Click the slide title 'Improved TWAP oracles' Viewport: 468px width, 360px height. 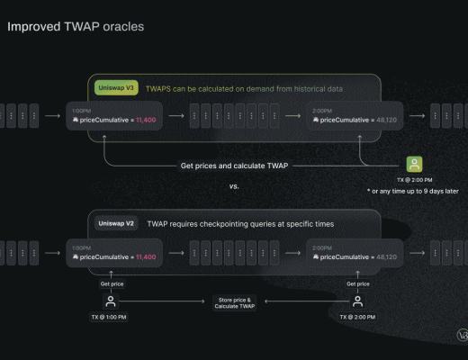76,27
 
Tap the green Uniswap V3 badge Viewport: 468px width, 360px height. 116,88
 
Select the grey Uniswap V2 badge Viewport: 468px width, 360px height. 116,221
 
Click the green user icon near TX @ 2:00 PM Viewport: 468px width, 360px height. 414,164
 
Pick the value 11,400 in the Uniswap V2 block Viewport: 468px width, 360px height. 147,256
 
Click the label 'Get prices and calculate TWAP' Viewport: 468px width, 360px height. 238,165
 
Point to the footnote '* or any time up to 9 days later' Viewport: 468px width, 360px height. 412,192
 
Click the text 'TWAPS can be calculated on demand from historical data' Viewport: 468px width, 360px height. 243,89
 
